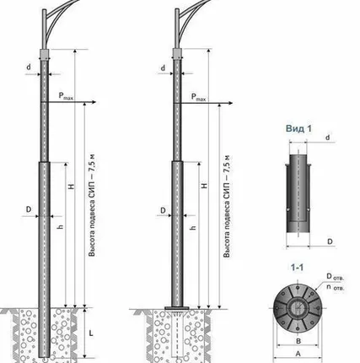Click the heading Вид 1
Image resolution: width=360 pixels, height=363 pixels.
pyautogui.click(x=298, y=129)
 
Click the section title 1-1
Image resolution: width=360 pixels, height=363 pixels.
pyautogui.click(x=297, y=268)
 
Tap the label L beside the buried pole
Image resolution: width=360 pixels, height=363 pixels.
pyautogui.click(x=91, y=333)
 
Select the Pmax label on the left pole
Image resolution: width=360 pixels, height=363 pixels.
pyautogui.click(x=66, y=96)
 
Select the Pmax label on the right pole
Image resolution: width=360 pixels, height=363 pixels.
pyautogui.click(x=198, y=97)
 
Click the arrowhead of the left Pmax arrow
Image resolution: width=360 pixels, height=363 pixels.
pyautogui.click(x=94, y=102)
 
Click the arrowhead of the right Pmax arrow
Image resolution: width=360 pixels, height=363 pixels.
pyautogui.click(x=230, y=103)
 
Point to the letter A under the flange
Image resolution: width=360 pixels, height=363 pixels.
pyautogui.click(x=298, y=354)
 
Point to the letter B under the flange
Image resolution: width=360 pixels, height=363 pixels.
pyautogui.click(x=298, y=341)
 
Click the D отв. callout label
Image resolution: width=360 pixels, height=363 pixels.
pyautogui.click(x=336, y=277)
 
